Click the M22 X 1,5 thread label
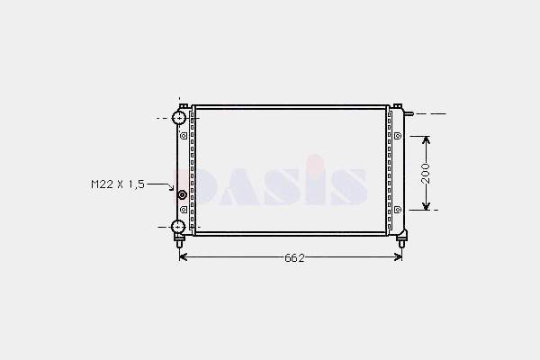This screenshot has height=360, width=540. (118, 184)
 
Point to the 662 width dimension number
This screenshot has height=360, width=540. (295, 258)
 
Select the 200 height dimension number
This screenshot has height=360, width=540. (426, 174)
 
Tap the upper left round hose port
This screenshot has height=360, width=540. (179, 118)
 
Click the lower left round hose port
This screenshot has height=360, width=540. (178, 227)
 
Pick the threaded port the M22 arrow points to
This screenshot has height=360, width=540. (182, 195)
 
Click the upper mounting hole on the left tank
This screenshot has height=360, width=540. (184, 136)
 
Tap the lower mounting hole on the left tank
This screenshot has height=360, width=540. (184, 210)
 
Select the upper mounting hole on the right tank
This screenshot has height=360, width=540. (398, 136)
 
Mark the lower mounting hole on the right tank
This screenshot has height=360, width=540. (398, 210)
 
